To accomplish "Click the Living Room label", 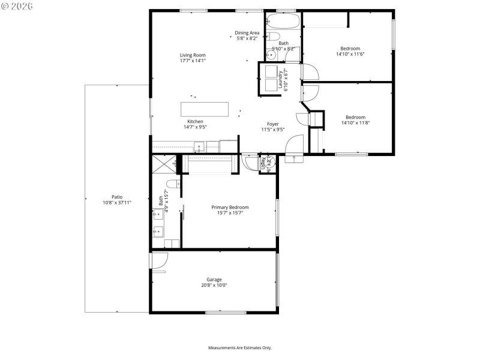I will coord(193,55).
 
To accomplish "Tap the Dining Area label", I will coord(247,32).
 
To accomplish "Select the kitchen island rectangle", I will coord(205,109).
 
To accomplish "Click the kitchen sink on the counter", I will coord(199,145).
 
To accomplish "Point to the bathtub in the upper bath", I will coord(281,21).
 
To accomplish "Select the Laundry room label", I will coord(280,79).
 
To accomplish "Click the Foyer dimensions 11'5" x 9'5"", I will coord(273,129).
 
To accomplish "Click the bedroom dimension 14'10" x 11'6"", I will coord(350,54).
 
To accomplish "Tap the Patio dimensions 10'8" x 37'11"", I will coord(116,203).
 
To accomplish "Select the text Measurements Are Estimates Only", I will coord(239,348).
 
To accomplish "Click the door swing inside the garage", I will coord(159,262).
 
